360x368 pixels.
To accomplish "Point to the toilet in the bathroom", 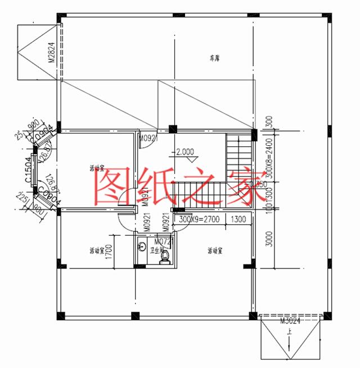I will click(165, 256).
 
